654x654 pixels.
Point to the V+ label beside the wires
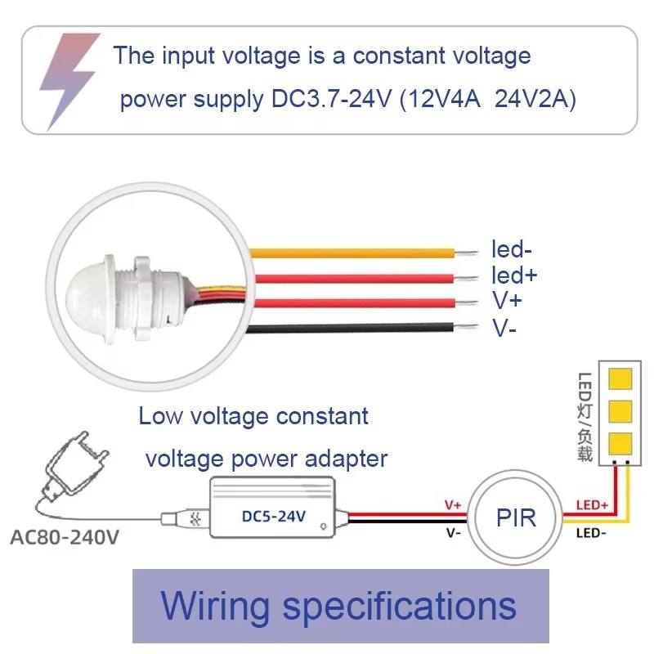pos(507,301)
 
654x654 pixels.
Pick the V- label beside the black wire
pos(504,328)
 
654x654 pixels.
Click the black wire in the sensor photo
pos(352,329)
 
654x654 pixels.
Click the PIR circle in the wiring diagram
pos(516,517)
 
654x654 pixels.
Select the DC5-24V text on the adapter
pos(274,516)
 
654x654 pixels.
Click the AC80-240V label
pos(65,539)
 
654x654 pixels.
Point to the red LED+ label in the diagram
pos(592,506)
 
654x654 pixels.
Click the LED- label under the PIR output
pos(592,533)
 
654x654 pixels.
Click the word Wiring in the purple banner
pos(215,606)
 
